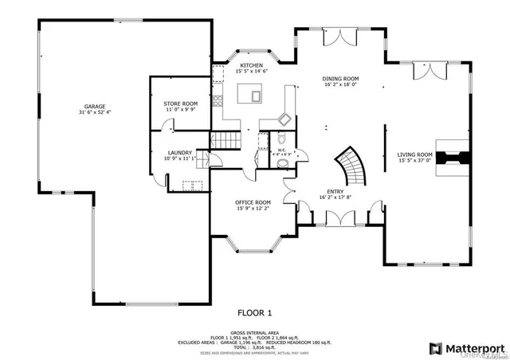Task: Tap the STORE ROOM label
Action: [180, 104]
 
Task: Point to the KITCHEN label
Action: [252, 65]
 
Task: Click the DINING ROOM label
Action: [340, 78]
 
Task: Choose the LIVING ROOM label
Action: [414, 155]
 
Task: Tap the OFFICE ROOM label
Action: [253, 202]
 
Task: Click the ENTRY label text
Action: [335, 190]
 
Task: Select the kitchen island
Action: [255, 96]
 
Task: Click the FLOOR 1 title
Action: [255, 312]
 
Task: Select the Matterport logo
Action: [468, 347]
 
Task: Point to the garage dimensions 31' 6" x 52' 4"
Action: [95, 112]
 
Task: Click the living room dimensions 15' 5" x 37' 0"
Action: [414, 160]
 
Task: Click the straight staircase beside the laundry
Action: [225, 141]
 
